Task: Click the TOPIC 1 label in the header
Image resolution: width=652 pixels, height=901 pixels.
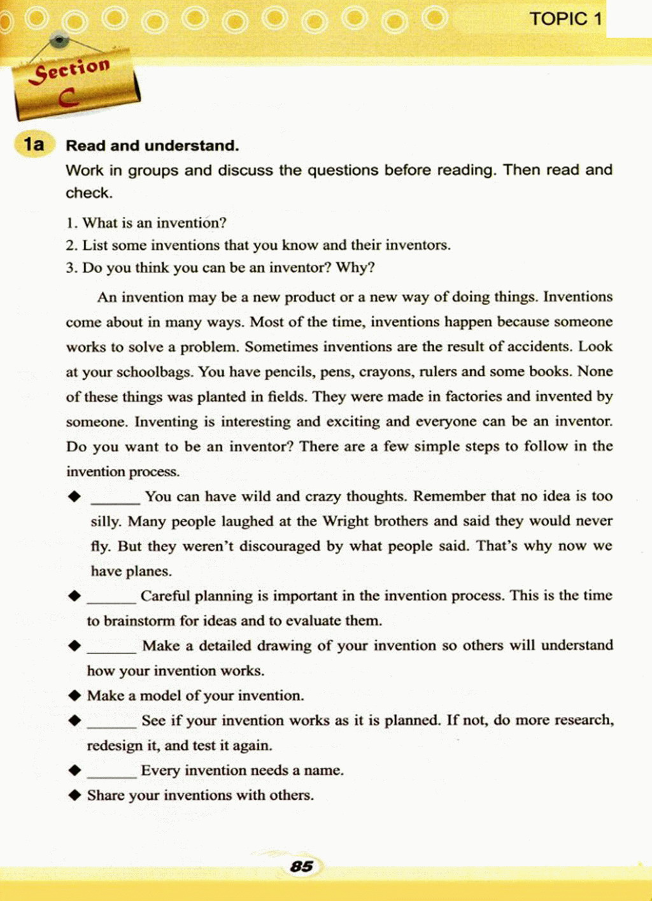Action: (x=565, y=19)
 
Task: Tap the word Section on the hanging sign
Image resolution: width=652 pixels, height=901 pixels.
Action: (x=72, y=69)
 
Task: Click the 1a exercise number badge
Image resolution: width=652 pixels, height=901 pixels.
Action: (x=34, y=145)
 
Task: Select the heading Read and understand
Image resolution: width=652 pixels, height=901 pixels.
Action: (x=152, y=146)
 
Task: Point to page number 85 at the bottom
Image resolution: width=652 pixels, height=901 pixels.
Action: (x=301, y=866)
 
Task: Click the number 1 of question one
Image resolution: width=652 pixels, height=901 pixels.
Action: (x=69, y=223)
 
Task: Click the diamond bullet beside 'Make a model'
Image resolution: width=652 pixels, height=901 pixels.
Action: (x=75, y=695)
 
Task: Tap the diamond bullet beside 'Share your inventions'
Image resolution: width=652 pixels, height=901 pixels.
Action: (x=75, y=795)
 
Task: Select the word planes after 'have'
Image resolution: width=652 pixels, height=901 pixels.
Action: (x=148, y=571)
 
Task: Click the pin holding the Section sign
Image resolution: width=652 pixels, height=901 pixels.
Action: (x=59, y=40)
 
